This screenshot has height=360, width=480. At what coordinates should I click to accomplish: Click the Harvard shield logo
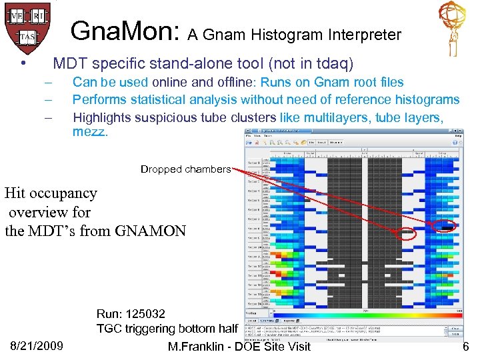27,23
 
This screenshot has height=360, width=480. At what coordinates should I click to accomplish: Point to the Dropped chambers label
185,169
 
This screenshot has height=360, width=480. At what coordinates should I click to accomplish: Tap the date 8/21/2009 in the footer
37,345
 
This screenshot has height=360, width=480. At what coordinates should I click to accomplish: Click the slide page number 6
465,345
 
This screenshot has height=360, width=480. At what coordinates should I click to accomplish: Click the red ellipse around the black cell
444,227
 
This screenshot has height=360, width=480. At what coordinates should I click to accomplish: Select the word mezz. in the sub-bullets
89,132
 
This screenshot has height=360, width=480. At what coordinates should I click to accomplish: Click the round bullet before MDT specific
23,64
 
